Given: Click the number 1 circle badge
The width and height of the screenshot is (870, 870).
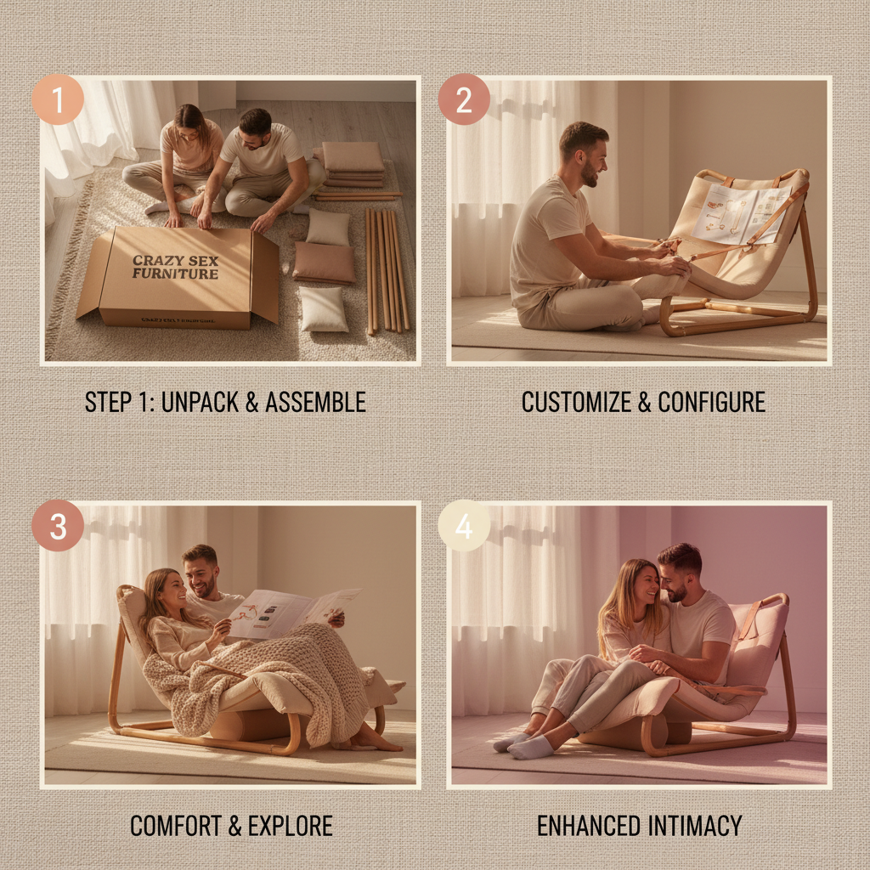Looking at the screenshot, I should pyautogui.click(x=58, y=99).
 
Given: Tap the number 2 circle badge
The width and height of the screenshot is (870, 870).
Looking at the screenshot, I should pyautogui.click(x=464, y=99).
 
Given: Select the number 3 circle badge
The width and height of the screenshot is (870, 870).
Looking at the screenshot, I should pyautogui.click(x=58, y=526).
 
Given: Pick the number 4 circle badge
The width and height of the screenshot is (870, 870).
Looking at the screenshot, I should pyautogui.click(x=464, y=526).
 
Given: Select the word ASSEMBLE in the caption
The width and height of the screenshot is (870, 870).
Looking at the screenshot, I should pyautogui.click(x=315, y=402).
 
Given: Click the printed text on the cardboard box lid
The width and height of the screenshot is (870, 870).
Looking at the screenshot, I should pyautogui.click(x=175, y=266).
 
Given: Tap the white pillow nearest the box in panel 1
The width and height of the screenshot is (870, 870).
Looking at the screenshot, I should pyautogui.click(x=324, y=308).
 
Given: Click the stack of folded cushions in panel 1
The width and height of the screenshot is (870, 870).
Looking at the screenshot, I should pyautogui.click(x=352, y=163).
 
